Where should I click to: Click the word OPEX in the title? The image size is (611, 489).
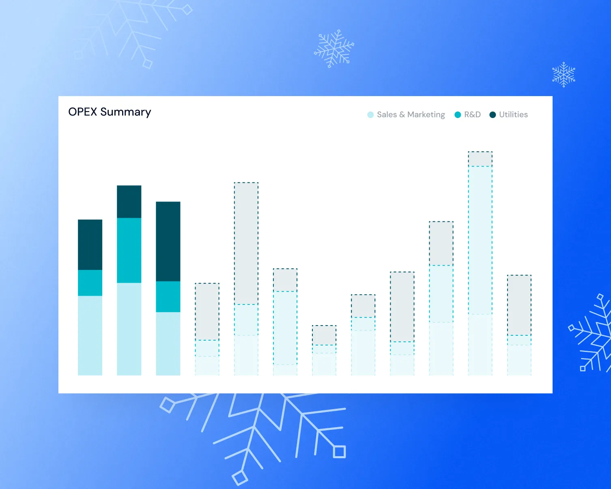(83, 112)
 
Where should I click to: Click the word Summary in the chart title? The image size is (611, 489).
(126, 112)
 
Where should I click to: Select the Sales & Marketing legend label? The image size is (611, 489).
(411, 115)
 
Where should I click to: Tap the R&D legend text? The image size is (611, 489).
(472, 115)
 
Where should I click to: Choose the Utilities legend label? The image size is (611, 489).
(513, 115)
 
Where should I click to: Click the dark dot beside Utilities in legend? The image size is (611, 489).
(493, 115)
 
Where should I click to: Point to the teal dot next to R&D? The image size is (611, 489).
(458, 115)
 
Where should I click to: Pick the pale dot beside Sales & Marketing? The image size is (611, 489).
(370, 115)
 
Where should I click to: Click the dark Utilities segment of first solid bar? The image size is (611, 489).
(90, 244)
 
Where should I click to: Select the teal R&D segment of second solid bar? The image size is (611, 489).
(129, 250)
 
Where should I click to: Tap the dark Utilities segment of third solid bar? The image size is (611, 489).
(168, 241)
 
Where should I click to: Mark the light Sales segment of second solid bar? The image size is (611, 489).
(129, 329)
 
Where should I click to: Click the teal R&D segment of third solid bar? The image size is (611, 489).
(168, 296)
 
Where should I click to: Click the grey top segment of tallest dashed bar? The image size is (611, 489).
(480, 159)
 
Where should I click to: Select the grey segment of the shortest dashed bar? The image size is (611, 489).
(324, 335)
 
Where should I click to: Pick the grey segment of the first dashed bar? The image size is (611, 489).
(207, 311)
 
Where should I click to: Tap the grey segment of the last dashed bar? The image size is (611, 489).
(519, 305)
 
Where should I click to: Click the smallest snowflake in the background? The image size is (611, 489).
(564, 75)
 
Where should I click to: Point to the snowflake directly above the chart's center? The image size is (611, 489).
(334, 49)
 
